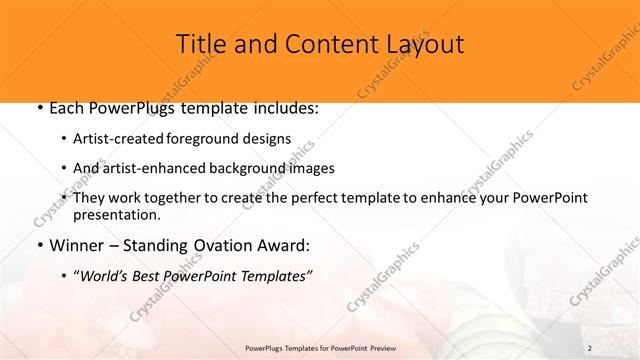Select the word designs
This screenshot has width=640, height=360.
coord(269,140)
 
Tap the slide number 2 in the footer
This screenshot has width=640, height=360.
coord(590,347)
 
